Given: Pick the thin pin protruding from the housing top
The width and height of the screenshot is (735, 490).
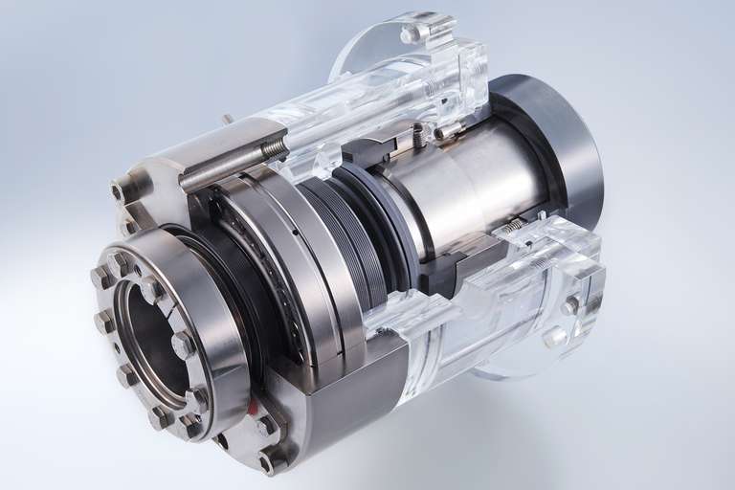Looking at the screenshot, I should [229, 120].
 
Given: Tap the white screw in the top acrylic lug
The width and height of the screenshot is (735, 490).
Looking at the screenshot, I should [411, 34].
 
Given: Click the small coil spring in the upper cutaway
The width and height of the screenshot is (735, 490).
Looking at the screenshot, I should [419, 136].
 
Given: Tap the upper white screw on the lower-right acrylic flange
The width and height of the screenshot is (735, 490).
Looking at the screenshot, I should [570, 305].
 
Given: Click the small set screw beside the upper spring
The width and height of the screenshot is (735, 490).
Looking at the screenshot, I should [445, 133].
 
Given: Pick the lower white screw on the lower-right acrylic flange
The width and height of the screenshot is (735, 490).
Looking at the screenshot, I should [553, 336].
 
